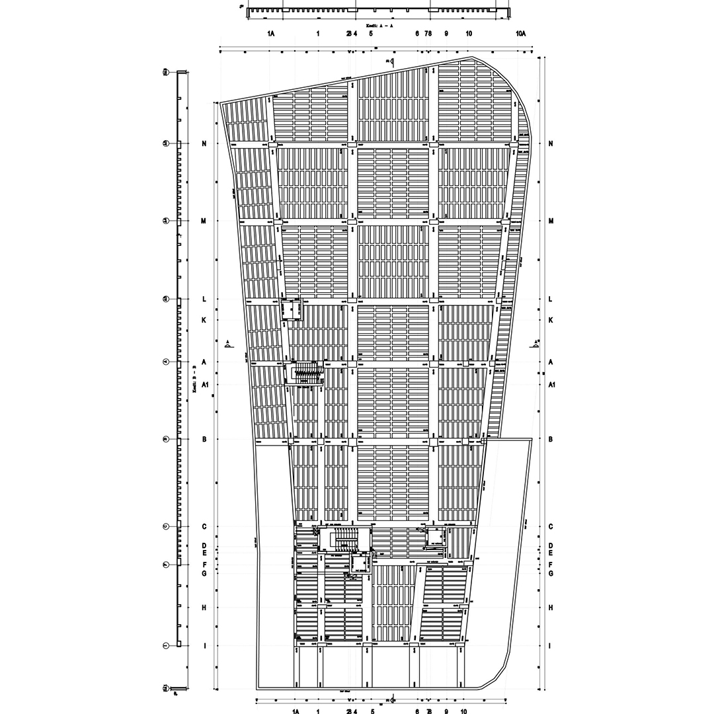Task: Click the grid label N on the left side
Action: pyautogui.click(x=204, y=144)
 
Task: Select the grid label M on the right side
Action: pyautogui.click(x=551, y=221)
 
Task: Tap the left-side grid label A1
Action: pyautogui.click(x=205, y=384)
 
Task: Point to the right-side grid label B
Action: pyautogui.click(x=551, y=439)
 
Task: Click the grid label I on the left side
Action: pyautogui.click(x=204, y=646)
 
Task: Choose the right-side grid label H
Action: pyautogui.click(x=551, y=608)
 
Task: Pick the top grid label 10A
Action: pyautogui.click(x=520, y=33)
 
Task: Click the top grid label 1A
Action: pyautogui.click(x=271, y=33)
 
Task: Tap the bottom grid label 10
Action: pyautogui.click(x=464, y=711)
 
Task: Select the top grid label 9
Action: pyautogui.click(x=446, y=33)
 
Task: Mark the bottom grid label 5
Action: pyautogui.click(x=373, y=711)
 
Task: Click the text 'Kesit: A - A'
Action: pyautogui.click(x=375, y=25)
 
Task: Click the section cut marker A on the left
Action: pyautogui.click(x=229, y=343)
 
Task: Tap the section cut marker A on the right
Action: pyautogui.click(x=534, y=343)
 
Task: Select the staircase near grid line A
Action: pyautogui.click(x=305, y=373)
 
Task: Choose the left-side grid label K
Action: pyautogui.click(x=204, y=320)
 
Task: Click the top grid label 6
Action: pyautogui.click(x=417, y=33)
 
